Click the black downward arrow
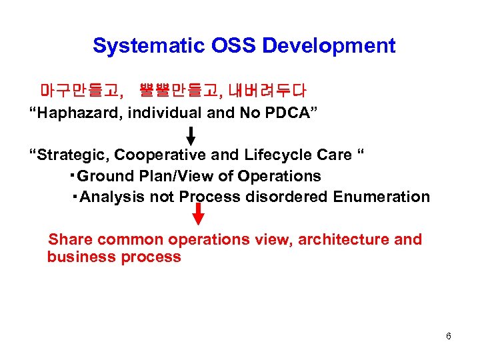click(191, 135)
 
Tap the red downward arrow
click(198, 215)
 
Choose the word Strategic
click(73, 155)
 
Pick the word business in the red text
click(79, 257)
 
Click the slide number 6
click(449, 336)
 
